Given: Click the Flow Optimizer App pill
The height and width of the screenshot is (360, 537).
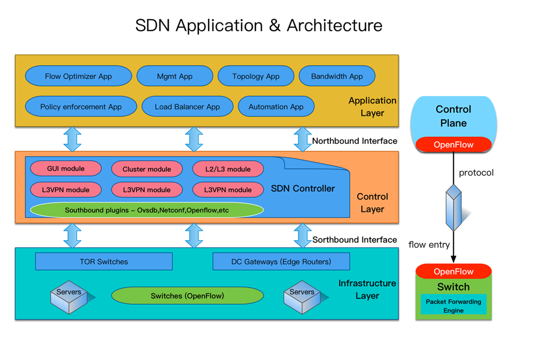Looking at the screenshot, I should pyautogui.click(x=78, y=76).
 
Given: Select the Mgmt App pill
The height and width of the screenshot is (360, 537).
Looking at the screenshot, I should pyautogui.click(x=175, y=76).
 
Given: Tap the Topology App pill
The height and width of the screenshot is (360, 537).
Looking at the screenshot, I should pyautogui.click(x=256, y=76).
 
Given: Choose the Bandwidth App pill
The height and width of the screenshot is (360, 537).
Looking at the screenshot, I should pyautogui.click(x=337, y=76).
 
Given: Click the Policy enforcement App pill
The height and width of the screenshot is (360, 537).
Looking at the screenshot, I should pyautogui.click(x=81, y=107).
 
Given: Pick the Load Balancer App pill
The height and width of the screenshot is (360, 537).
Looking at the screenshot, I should pyautogui.click(x=187, y=107).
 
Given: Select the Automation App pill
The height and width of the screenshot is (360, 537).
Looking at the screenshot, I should pyautogui.click(x=276, y=107).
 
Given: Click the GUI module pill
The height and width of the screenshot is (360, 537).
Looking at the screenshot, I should pyautogui.click(x=66, y=168).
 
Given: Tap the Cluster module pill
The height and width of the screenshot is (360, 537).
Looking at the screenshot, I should pyautogui.click(x=147, y=169).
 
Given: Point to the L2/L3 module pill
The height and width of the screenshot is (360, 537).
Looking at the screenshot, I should pyautogui.click(x=228, y=168).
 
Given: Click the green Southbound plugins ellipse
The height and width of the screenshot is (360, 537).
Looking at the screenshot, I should pyautogui.click(x=147, y=210).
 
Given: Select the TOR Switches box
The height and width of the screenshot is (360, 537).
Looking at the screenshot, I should pyautogui.click(x=104, y=261).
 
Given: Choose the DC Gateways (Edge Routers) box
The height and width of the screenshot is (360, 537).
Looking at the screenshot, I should pyautogui.click(x=281, y=261).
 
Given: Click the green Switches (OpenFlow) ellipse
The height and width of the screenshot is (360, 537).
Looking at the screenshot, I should pyautogui.click(x=187, y=295).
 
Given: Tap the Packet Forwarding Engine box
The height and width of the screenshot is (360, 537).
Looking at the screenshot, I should pyautogui.click(x=454, y=306).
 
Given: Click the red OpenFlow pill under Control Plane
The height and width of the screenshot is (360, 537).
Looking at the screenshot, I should pyautogui.click(x=454, y=144).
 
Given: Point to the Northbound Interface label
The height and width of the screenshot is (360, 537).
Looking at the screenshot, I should pyautogui.click(x=355, y=141).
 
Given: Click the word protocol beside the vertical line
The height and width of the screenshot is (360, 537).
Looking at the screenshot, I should pyautogui.click(x=476, y=173).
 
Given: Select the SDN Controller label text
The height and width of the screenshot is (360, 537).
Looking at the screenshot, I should pyautogui.click(x=303, y=188).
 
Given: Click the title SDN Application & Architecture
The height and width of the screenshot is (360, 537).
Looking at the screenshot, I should pyautogui.click(x=259, y=25).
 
